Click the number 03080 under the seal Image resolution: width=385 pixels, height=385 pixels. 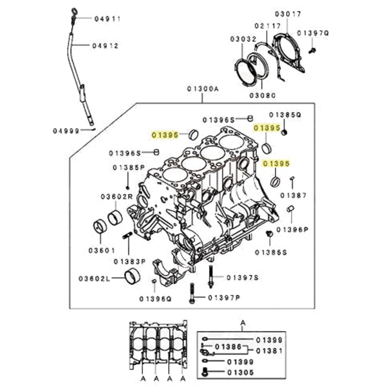(262, 96)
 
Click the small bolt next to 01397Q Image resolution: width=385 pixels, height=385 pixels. (312, 49)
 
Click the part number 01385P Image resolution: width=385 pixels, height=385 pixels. (128, 167)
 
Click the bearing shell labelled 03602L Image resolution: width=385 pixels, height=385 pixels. (132, 277)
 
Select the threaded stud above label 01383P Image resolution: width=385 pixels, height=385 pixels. (128, 236)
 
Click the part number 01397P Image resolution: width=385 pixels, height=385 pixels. (224, 298)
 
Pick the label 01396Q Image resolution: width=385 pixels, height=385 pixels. (155, 298)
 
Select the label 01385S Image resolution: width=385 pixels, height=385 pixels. (270, 252)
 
